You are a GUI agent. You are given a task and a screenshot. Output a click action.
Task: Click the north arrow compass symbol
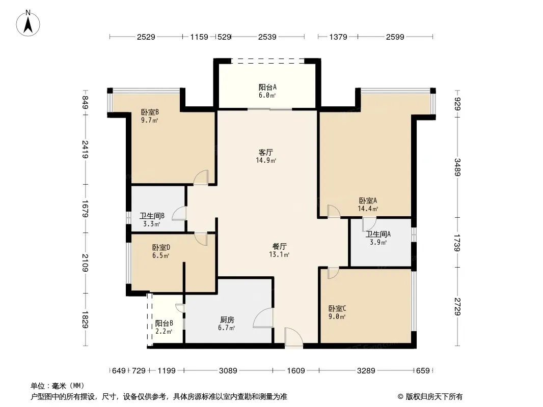(x=28, y=23)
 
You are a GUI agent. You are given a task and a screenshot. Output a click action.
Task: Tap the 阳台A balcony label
(x=267, y=88)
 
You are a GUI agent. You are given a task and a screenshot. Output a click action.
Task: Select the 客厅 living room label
(x=266, y=153)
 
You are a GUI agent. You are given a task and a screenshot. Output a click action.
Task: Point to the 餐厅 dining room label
(x=280, y=247)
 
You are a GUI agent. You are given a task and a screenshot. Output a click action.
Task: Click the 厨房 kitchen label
(x=227, y=320)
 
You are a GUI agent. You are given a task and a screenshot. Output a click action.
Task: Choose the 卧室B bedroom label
(x=150, y=112)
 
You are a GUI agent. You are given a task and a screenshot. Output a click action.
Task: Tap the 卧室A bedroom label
(x=368, y=200)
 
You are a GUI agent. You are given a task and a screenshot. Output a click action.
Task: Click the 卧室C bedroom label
(x=337, y=308)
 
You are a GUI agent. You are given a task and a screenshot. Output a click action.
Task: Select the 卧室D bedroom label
(x=161, y=248)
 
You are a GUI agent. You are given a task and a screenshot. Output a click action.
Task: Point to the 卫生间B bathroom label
(x=152, y=216)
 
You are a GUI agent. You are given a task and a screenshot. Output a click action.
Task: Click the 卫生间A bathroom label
(x=378, y=234)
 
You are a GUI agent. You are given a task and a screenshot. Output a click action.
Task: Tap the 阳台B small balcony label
(x=164, y=324)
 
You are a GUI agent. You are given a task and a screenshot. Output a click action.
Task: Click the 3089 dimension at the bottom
(x=228, y=371)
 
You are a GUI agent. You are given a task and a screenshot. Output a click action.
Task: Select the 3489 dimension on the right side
(x=457, y=167)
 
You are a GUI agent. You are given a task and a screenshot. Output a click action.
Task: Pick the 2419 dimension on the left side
(x=85, y=150)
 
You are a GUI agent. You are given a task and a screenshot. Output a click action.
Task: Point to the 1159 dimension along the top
(x=199, y=37)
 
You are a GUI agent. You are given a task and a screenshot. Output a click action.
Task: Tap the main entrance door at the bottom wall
(x=294, y=337)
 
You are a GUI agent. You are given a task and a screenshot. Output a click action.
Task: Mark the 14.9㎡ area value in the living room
(x=266, y=160)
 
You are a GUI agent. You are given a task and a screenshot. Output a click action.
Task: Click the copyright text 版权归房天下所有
(x=434, y=397)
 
